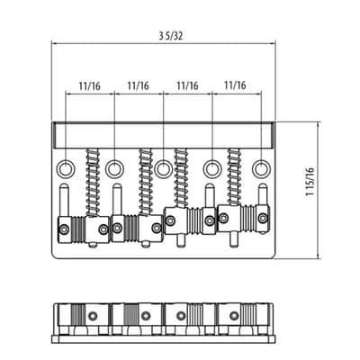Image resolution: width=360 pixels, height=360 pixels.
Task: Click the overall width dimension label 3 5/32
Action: coord(170,36)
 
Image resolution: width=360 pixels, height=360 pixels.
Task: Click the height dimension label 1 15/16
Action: coord(310,182)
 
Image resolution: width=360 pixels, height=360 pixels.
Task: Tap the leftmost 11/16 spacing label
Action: coord(90,86)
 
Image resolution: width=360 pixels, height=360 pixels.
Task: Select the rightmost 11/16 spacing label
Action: coord(235,85)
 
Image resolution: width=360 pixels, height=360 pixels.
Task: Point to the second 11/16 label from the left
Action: coord(138,85)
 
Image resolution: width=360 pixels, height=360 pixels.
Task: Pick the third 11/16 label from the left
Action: coord(187,85)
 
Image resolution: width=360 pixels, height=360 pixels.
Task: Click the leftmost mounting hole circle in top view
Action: coord(65,169)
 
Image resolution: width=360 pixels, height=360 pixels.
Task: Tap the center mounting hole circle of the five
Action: coord(163,169)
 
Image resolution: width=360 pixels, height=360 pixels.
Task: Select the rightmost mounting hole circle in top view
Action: coord(260,169)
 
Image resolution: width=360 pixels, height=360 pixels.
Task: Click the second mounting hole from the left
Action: coord(114,169)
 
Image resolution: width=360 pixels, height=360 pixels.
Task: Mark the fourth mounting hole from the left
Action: coord(211,169)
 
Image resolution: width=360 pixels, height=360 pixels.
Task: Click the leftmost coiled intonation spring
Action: coord(93,182)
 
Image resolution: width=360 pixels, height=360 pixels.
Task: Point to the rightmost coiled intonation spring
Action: coord(234,177)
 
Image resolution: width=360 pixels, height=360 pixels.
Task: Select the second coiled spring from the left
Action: coord(146,182)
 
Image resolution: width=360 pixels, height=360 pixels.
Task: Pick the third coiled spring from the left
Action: coord(181,178)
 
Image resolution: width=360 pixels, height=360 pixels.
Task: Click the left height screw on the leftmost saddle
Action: coord(65,229)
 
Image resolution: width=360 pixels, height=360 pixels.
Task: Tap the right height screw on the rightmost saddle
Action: coord(263,218)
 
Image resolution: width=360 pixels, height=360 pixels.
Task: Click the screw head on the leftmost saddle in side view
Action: coord(93,316)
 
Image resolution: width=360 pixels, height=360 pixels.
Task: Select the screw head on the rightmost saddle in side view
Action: coord(234,316)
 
